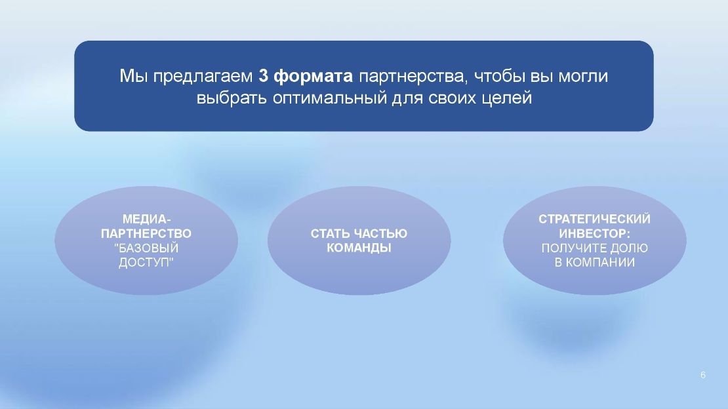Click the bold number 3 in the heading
(263, 75)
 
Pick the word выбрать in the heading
(232, 98)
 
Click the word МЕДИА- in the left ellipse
(147, 219)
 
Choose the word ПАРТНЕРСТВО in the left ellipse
(146, 233)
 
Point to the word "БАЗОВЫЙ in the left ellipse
(146, 248)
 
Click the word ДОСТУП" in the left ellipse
(146, 262)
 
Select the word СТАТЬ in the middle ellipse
(331, 233)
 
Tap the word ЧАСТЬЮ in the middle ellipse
(381, 233)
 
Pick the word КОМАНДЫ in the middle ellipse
(359, 248)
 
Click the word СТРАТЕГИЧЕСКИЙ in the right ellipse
(594, 219)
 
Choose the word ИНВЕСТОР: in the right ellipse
(594, 233)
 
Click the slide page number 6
(703, 375)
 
